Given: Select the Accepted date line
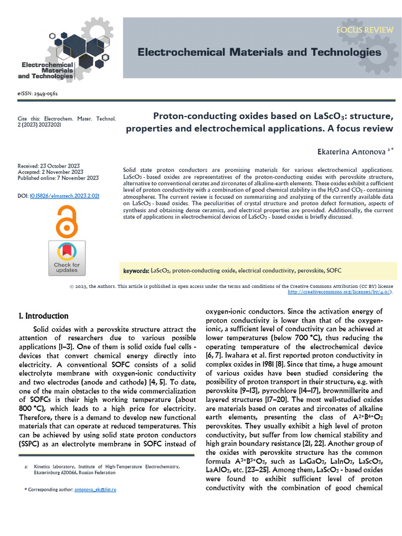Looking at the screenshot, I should pos(50,172).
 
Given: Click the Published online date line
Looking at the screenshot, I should pos(58,178).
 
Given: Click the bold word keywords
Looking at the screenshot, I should pos(136,271).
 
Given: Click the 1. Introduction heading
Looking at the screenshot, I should pos(43,316).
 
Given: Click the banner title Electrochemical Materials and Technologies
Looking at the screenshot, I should pos(259,52).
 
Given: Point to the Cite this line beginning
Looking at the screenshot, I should pos(28,119).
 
